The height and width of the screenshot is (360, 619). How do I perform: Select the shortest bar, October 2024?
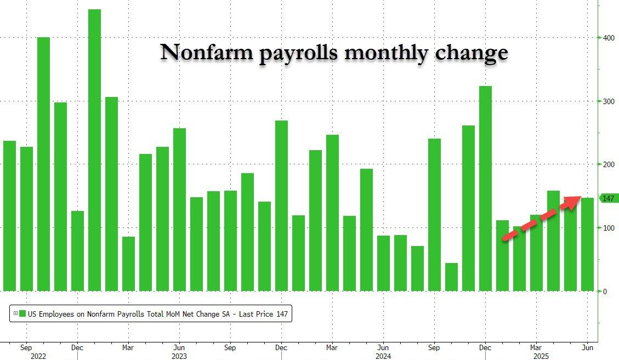coord(451,277)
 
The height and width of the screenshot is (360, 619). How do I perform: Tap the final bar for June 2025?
coord(587,244)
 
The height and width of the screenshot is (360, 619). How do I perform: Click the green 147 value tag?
coord(608,198)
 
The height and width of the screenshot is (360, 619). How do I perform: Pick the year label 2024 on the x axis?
coord(383,356)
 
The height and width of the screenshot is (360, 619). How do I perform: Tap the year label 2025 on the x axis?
coord(536,356)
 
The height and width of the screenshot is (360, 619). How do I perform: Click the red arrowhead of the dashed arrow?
coord(573,201)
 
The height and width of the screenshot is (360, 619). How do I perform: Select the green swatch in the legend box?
coord(22,314)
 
